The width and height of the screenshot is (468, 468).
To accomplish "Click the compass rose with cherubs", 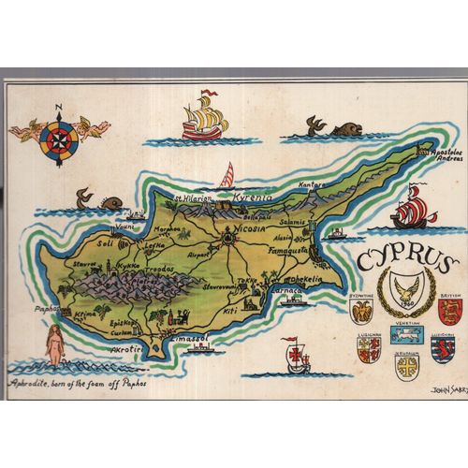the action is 59,137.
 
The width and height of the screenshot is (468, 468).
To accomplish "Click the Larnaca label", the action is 287,290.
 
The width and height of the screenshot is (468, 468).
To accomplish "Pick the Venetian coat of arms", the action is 407,333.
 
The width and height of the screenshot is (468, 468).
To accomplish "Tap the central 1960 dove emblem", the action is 405,290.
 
